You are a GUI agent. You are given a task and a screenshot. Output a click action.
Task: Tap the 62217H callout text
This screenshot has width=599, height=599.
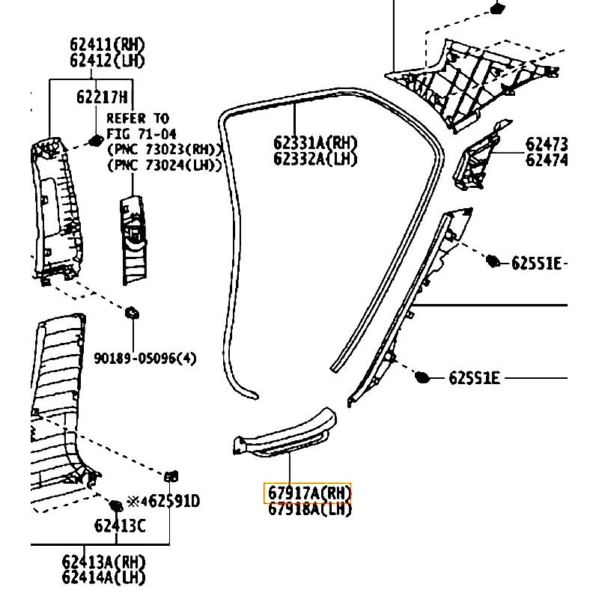click(102, 97)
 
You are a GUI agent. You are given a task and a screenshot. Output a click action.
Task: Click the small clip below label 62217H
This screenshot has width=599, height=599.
click(95, 139)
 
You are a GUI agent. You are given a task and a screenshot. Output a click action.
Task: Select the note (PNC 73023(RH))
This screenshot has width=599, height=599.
click(165, 148)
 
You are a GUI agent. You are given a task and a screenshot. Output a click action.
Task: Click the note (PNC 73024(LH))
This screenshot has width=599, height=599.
click(165, 164)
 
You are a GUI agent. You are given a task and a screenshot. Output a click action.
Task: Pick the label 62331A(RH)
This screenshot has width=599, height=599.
click(315, 143)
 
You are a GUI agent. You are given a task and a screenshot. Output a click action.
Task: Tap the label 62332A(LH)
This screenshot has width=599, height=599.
click(315, 159)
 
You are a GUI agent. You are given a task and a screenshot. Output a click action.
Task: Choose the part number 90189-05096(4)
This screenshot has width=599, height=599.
click(145, 359)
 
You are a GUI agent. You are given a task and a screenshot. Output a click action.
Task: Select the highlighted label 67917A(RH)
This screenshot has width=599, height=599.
click(308, 493)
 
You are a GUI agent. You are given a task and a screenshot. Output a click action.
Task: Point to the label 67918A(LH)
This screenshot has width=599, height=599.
click(308, 510)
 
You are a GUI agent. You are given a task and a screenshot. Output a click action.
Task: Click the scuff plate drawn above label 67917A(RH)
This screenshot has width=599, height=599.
click(285, 434)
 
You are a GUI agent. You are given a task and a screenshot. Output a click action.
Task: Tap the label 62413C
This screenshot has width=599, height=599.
click(120, 526)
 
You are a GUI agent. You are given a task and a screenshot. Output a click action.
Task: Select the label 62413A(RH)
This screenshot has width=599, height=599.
click(103, 562)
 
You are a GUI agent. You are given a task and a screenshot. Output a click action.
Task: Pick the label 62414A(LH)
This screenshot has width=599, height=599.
click(103, 577)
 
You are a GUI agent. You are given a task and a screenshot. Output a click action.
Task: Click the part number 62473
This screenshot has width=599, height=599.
click(547, 144)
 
